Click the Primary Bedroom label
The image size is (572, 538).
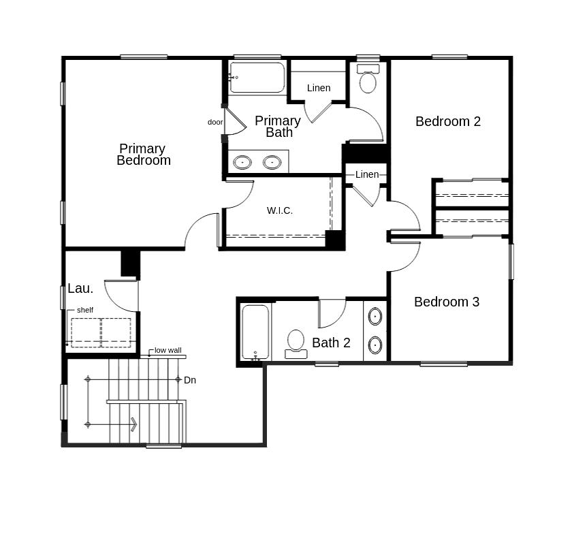point(143,155)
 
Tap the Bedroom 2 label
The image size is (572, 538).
point(448,121)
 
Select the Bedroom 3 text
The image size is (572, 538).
point(447,302)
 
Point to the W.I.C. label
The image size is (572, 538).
point(280,210)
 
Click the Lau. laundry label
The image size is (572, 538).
point(80,289)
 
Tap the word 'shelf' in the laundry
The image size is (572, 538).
point(85,311)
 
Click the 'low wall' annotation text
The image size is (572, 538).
point(168,350)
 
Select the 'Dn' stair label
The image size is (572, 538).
point(190,380)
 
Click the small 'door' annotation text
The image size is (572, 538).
point(215,123)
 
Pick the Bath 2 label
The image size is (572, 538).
point(331,343)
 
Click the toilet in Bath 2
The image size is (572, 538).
point(296,343)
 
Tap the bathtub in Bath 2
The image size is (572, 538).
point(255,332)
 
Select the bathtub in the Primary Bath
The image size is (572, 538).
point(257,78)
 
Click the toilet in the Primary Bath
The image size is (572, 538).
point(368,80)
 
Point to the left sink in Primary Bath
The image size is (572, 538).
point(242,162)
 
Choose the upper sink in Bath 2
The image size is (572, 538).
point(375,316)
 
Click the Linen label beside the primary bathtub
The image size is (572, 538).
point(319,88)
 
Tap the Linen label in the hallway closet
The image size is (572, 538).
point(367,174)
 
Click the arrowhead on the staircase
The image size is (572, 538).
point(133,424)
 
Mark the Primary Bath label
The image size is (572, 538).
point(278,127)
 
